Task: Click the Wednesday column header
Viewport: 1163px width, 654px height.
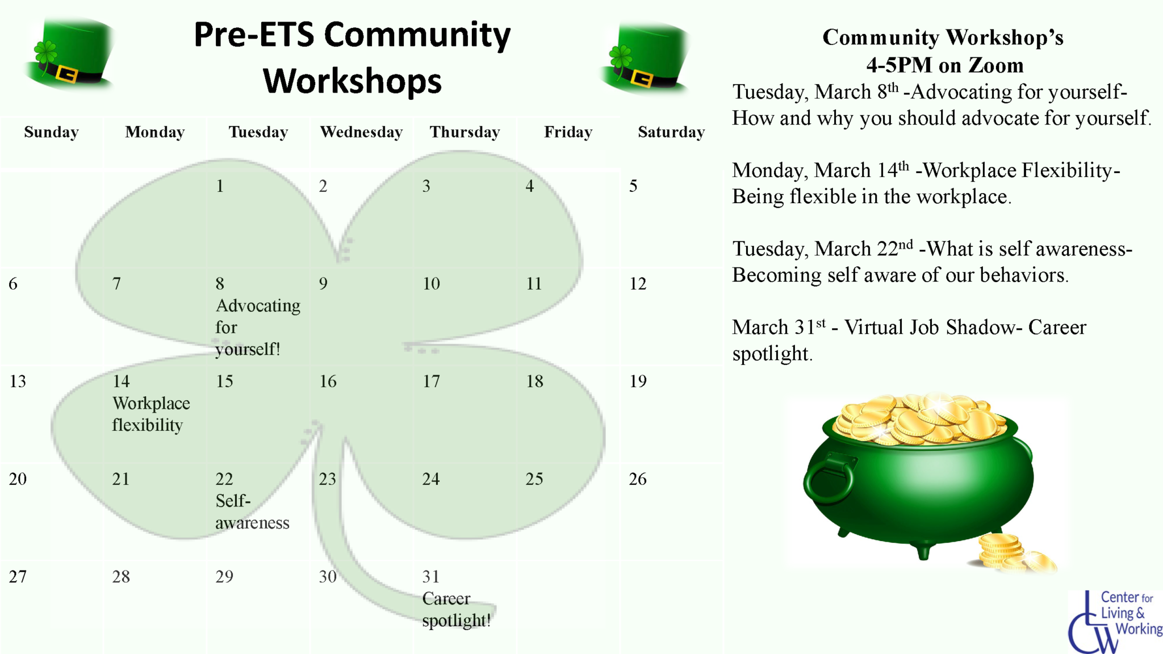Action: tap(361, 132)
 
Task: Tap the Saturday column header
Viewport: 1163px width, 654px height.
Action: tap(671, 132)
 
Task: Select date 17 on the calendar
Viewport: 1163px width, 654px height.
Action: tap(431, 381)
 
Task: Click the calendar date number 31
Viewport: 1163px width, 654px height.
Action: tap(431, 577)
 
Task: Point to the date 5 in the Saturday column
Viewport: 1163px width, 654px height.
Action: tap(633, 186)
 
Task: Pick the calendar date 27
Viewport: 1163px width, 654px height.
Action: tap(18, 577)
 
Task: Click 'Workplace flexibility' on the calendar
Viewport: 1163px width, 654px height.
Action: tap(150, 414)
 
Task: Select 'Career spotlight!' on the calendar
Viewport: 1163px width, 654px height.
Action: tap(455, 610)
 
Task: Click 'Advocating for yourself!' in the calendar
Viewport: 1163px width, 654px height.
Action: tap(257, 328)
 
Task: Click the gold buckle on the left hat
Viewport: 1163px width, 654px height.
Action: tap(67, 74)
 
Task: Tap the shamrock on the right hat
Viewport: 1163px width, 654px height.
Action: tap(620, 57)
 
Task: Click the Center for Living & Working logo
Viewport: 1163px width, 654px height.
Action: tap(1114, 622)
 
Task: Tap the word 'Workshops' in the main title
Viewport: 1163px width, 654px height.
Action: tap(352, 81)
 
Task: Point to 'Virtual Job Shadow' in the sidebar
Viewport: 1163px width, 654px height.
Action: tap(929, 328)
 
